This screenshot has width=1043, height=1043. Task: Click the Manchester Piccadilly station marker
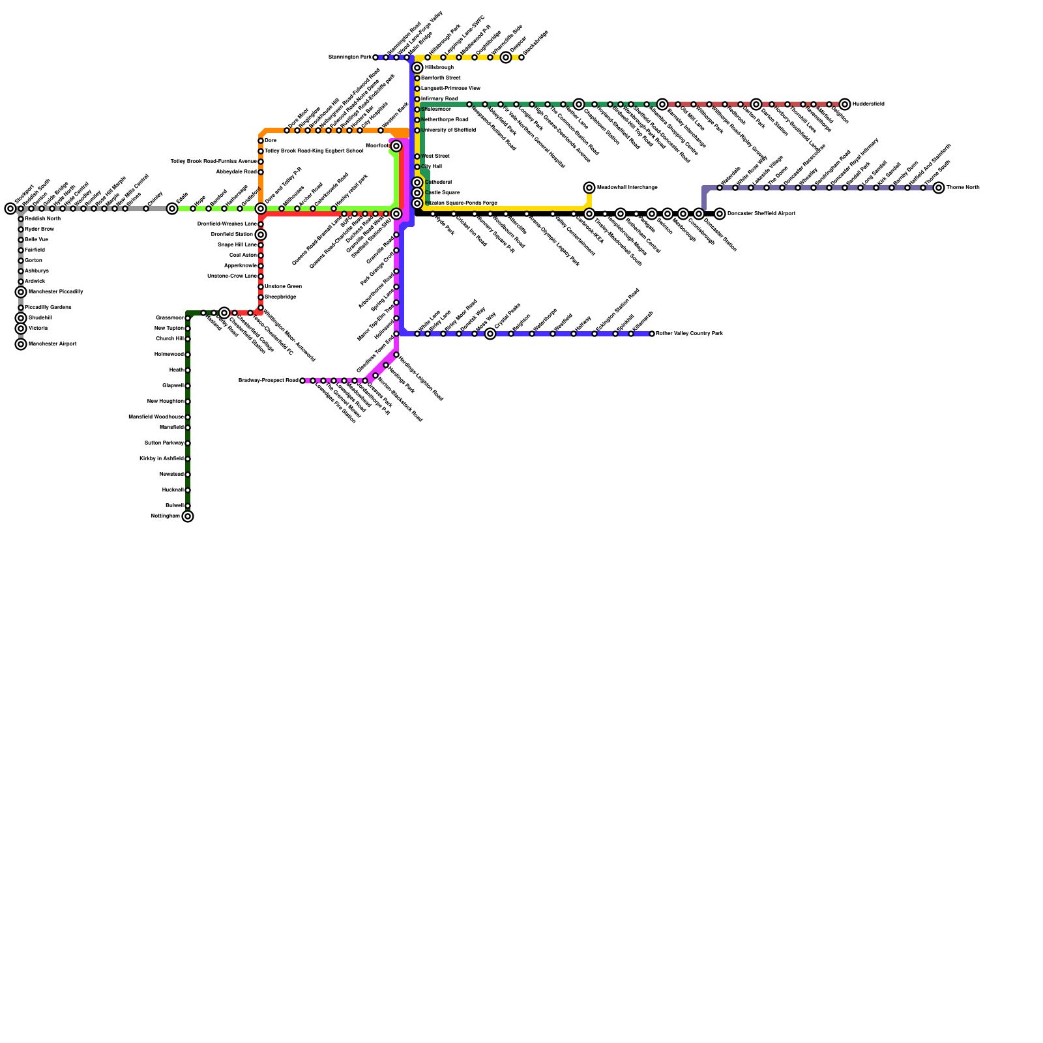coord(21,292)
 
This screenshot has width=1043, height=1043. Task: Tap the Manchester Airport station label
coord(52,344)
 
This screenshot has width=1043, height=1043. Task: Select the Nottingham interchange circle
coord(188,516)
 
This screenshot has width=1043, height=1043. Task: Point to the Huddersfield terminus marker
coord(845,104)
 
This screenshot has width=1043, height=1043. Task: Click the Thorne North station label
coord(963,188)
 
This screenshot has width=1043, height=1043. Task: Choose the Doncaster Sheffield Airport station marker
coord(720,214)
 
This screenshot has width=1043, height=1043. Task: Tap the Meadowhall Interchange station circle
coord(589,188)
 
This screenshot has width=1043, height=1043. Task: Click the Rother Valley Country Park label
coord(689,334)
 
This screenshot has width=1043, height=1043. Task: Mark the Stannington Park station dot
coord(375,57)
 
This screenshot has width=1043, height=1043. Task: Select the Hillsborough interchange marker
coord(417,68)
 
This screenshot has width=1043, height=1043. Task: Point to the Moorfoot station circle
coord(396,146)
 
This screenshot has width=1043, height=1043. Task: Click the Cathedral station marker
coord(417,183)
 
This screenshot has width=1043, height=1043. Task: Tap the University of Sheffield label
coord(448,130)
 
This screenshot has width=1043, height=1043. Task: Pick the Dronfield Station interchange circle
coord(261,235)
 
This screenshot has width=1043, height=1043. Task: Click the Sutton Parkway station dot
coord(188,443)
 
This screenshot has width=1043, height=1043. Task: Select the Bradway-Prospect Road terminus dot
coord(302,381)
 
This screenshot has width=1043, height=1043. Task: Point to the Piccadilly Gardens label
coord(48,308)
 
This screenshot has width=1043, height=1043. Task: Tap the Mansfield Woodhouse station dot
coord(188,417)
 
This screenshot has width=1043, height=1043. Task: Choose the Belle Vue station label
coord(36,240)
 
